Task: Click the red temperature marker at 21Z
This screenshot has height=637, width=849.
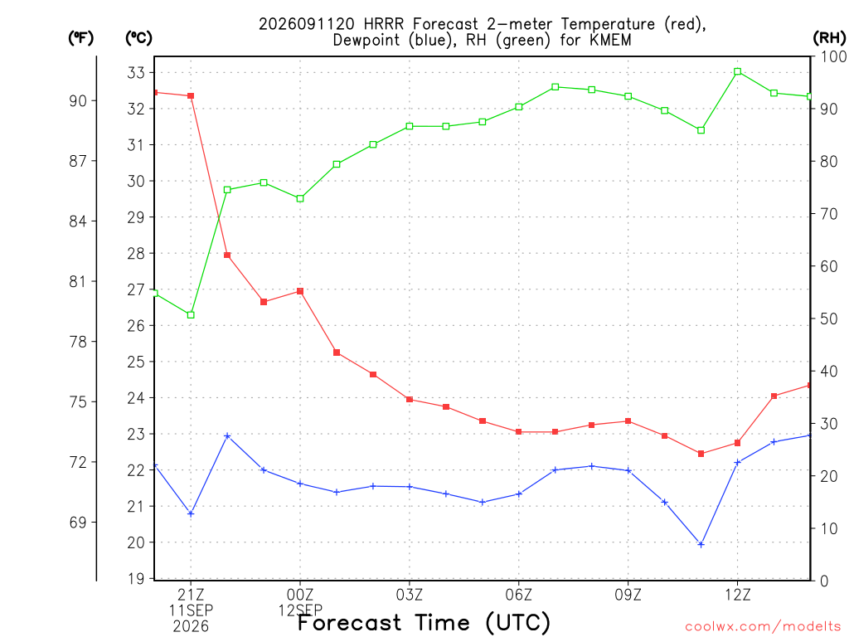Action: point(191,96)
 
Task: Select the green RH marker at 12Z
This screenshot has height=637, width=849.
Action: point(737,71)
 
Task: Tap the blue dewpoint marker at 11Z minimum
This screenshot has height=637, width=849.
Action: point(701,544)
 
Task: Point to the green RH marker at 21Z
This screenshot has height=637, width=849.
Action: point(191,314)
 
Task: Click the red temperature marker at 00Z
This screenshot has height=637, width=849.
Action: point(300,291)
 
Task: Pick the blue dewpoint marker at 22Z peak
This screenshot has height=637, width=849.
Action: point(227,435)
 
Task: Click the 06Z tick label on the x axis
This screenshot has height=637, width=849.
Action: point(519,595)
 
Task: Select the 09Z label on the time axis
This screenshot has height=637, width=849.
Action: point(628,595)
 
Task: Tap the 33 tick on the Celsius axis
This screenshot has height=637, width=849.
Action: point(136,73)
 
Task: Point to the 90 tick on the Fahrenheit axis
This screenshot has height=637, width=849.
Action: point(78,100)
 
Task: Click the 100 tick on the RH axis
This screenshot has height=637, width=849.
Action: point(833,56)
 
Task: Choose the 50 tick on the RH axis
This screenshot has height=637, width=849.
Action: point(828,318)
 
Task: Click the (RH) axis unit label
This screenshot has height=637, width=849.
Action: point(829,37)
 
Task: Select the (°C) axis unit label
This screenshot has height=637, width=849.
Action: point(138,37)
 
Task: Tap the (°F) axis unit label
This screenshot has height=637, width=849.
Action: point(80,37)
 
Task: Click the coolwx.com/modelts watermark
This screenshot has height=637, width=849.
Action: point(763,627)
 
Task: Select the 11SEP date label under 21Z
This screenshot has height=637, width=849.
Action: point(191,610)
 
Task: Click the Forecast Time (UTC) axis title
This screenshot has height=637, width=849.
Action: point(424,623)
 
